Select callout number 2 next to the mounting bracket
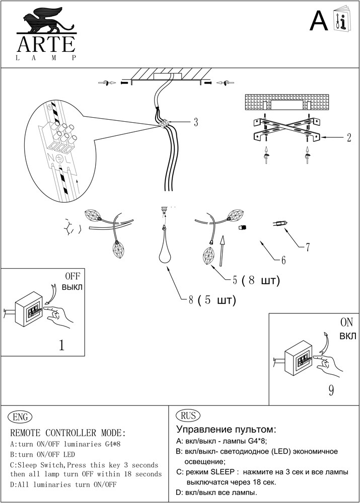[x=348, y=137]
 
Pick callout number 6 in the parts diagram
[x=283, y=260]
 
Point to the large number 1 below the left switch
[x=61, y=346]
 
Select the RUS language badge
[x=187, y=415]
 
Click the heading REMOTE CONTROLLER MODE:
[x=68, y=433]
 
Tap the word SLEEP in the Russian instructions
[x=222, y=472]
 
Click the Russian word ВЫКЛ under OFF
[x=71, y=287]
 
